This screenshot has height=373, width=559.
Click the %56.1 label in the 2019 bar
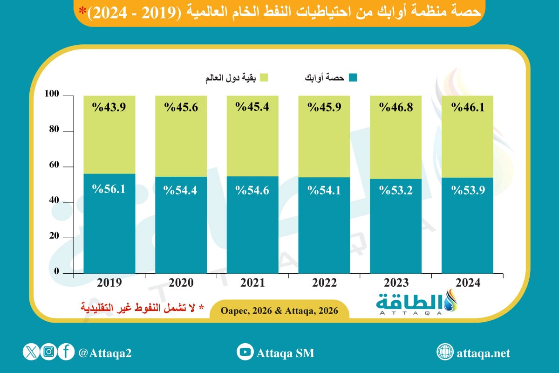pos(109,190)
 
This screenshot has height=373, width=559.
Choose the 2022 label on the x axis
pos(324,283)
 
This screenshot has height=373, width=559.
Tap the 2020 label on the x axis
pos(181,283)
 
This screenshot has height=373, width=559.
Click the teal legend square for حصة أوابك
pos(353,78)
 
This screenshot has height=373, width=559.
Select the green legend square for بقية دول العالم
pos(264,78)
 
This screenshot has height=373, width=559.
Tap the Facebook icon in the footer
pos(66,352)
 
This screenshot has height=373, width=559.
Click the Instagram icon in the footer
pos(48,352)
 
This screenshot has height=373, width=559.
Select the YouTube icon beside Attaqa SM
pos(245,352)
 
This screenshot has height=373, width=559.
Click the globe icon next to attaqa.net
pos(445,352)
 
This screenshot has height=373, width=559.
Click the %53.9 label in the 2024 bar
pos(468,190)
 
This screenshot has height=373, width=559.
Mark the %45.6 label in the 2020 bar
pos(181,108)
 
